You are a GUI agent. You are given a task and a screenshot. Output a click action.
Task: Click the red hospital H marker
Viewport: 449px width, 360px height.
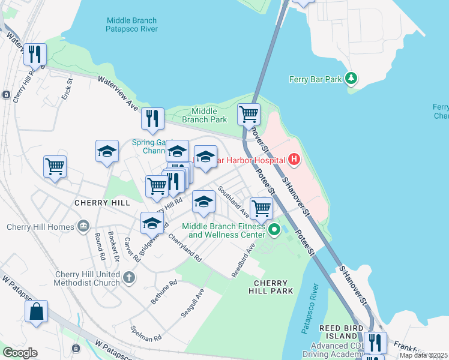click(x=294, y=160)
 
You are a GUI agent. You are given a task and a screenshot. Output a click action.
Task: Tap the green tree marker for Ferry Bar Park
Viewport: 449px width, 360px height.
click(x=352, y=79)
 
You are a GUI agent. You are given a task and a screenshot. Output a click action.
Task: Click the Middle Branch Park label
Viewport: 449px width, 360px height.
click(x=209, y=115)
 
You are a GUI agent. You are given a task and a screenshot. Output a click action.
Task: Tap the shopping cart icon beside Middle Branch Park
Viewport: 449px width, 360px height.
click(x=249, y=113)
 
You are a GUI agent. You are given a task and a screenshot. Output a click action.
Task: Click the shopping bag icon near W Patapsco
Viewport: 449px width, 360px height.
click(x=36, y=312)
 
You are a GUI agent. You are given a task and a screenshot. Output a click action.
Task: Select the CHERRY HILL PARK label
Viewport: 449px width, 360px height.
click(x=271, y=287)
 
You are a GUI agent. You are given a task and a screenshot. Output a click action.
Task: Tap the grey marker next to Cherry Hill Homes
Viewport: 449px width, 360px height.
click(x=83, y=226)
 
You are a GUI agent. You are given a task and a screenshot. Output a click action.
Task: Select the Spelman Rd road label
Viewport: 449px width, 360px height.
click(x=146, y=334)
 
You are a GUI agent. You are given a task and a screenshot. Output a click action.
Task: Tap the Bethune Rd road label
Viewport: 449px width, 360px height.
click(x=164, y=291)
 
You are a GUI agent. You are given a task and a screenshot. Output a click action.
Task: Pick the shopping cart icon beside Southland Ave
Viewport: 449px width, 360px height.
click(x=261, y=209)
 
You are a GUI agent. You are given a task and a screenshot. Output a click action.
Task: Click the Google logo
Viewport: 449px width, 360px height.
click(x=20, y=353)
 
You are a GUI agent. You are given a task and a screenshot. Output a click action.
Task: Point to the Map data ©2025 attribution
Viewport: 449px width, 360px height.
click(x=423, y=355)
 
